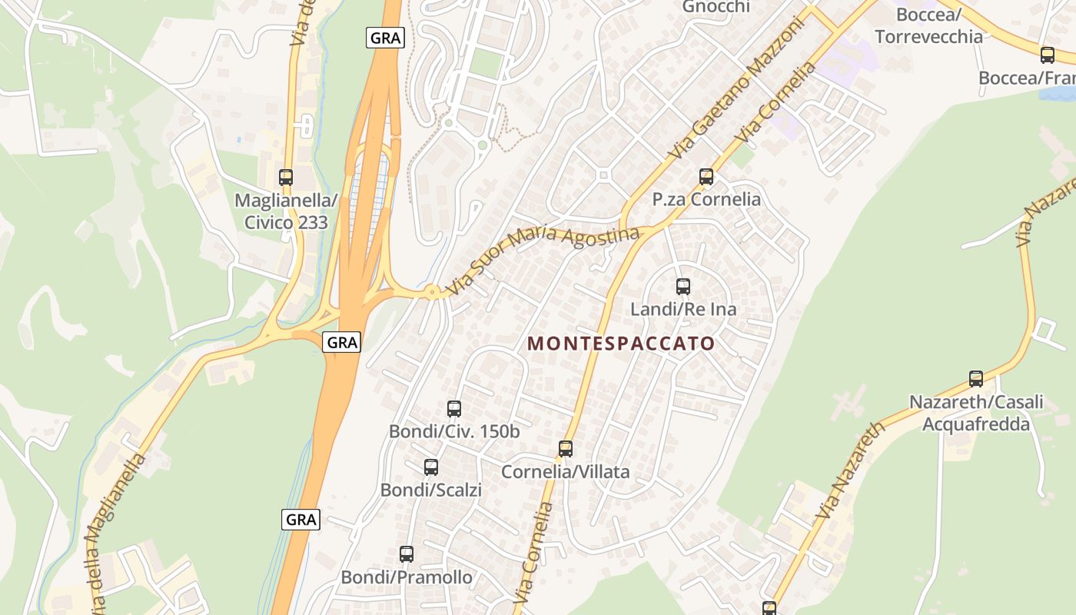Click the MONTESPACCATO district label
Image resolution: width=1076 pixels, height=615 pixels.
(621, 344)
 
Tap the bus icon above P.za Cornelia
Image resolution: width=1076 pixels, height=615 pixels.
(706, 177)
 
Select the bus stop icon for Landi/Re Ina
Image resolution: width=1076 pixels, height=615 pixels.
(683, 287)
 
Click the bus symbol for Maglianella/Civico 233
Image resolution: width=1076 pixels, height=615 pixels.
(286, 177)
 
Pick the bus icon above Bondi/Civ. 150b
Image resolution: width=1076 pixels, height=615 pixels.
(454, 408)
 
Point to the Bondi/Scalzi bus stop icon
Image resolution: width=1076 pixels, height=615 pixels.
(431, 467)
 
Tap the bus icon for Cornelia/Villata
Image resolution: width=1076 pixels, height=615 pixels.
(566, 448)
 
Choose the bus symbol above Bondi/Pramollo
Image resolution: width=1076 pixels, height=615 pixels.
(407, 553)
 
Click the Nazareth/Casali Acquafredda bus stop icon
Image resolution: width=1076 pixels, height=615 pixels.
(976, 378)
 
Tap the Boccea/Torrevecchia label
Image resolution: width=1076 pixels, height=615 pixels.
(928, 25)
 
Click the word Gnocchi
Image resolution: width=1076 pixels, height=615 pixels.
(716, 6)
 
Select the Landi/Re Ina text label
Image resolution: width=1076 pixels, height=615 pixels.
(683, 309)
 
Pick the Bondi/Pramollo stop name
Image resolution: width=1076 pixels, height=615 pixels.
(407, 577)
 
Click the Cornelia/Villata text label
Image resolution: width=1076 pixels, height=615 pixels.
(566, 471)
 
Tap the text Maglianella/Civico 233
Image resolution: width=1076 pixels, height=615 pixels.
(286, 211)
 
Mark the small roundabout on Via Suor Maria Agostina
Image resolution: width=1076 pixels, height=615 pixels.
(433, 291)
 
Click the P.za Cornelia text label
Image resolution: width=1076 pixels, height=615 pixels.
(706, 199)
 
